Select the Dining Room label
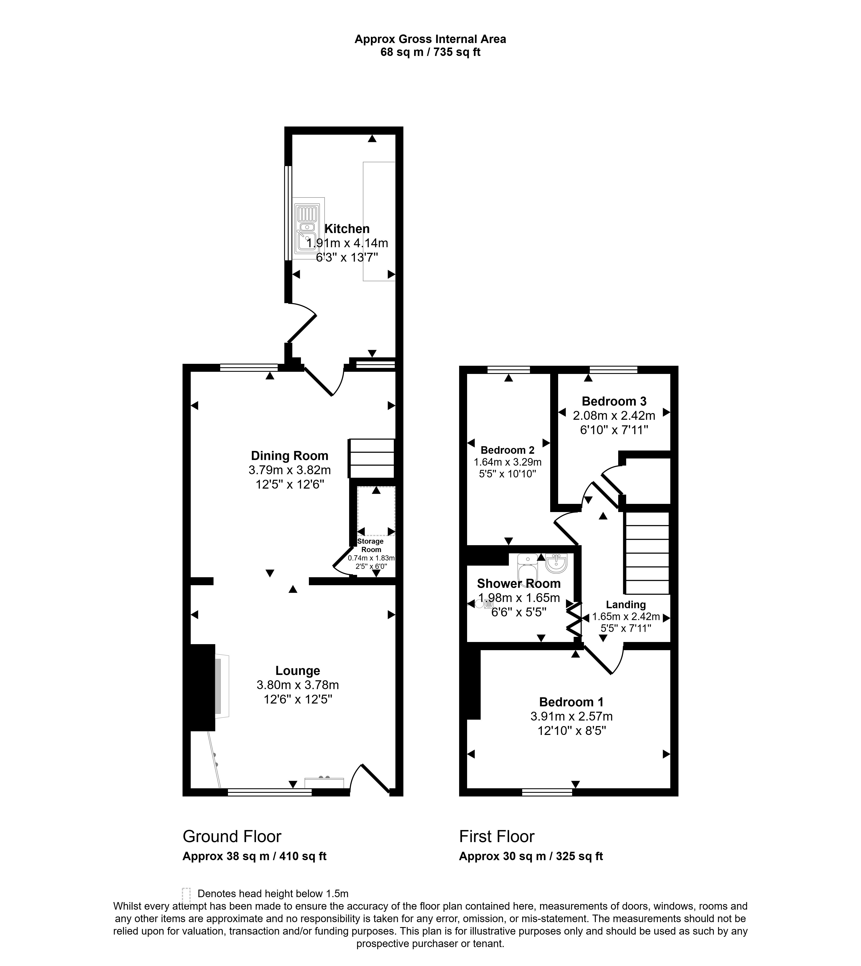point(290,456)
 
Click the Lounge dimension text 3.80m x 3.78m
point(297,685)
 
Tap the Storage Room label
point(370,545)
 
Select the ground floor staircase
point(372,459)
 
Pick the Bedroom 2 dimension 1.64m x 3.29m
point(508,462)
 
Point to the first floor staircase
point(647,553)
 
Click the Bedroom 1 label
point(571,702)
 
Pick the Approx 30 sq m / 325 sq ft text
point(531,856)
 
